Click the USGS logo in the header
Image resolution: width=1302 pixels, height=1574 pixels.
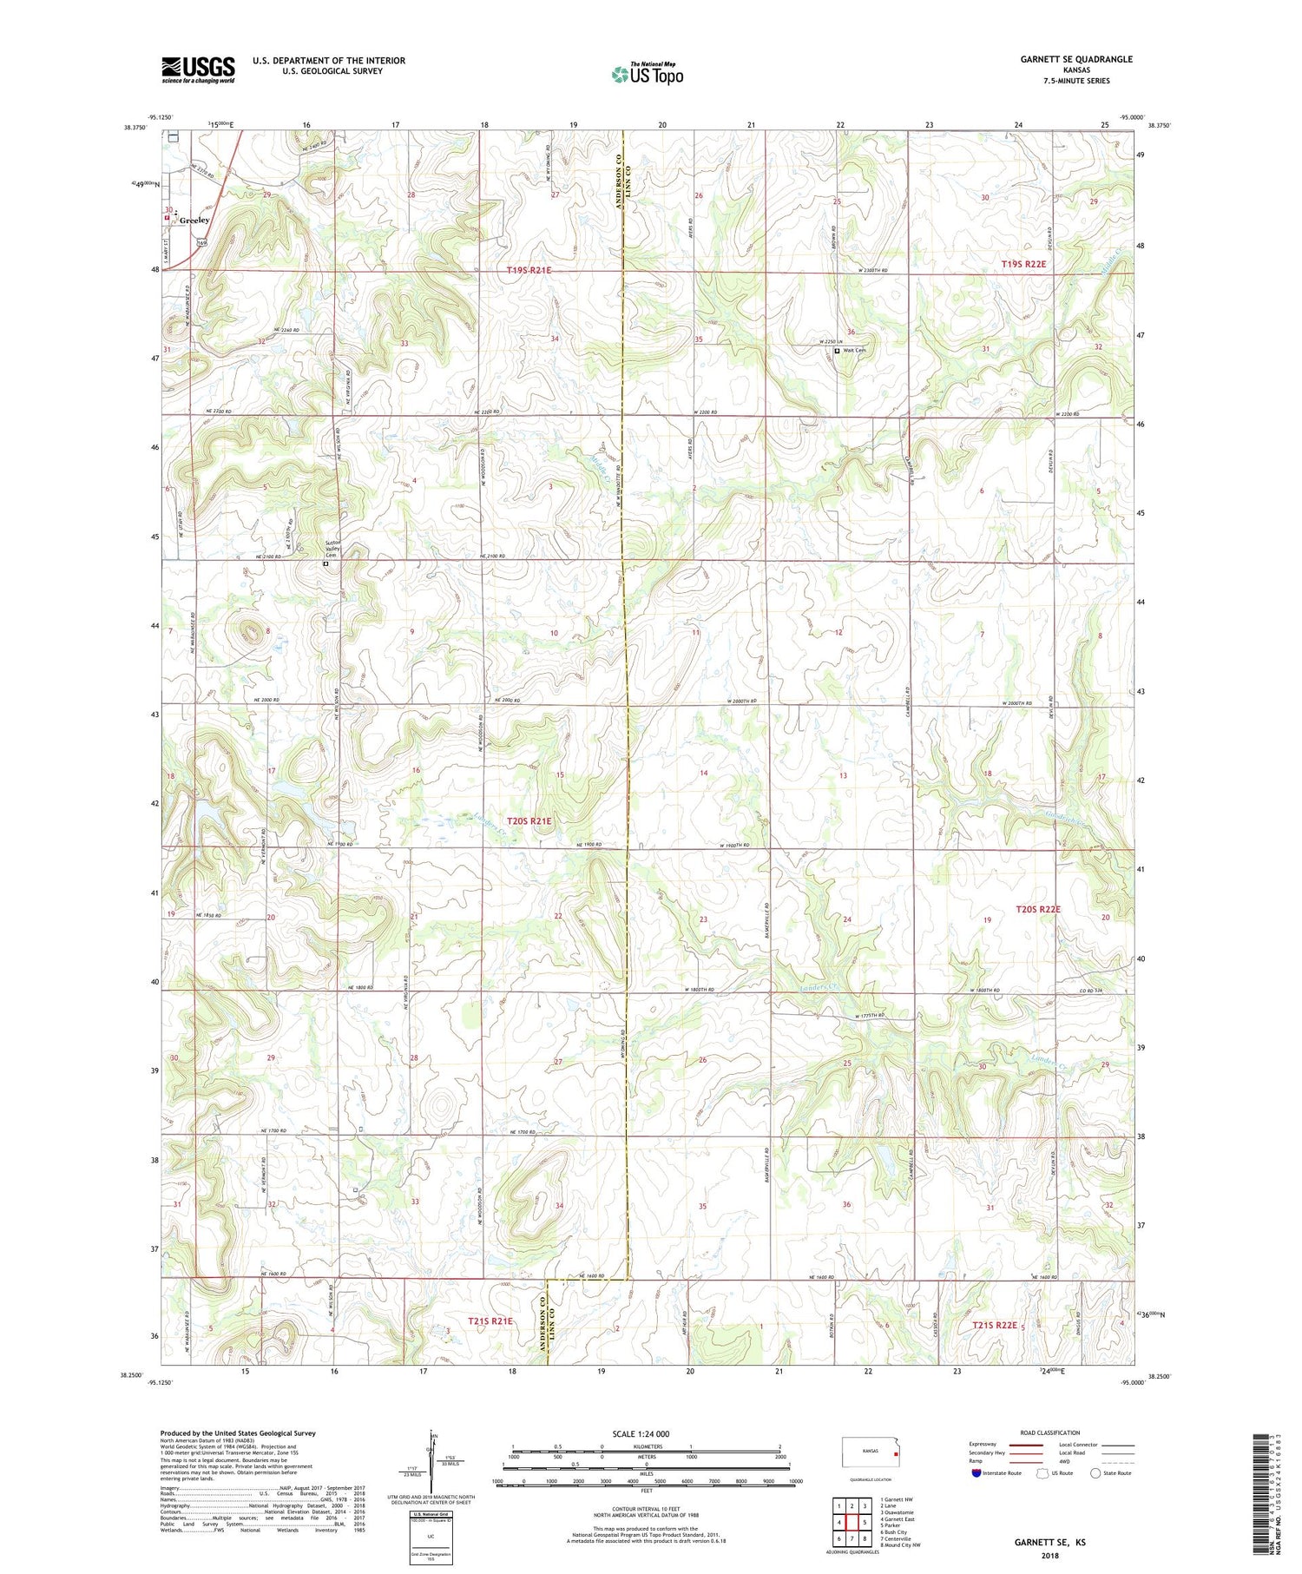pyautogui.click(x=198, y=69)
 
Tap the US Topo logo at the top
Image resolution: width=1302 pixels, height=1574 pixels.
pyautogui.click(x=647, y=75)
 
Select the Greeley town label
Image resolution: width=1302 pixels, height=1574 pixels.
pyautogui.click(x=194, y=221)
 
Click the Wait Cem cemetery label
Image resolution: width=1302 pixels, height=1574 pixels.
pyautogui.click(x=854, y=351)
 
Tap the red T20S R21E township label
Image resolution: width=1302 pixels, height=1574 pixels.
pyautogui.click(x=529, y=820)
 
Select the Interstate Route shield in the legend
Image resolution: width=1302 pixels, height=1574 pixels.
pyautogui.click(x=976, y=1472)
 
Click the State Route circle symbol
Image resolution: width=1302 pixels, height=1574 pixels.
pyautogui.click(x=1096, y=1472)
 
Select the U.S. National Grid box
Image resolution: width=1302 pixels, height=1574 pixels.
pyautogui.click(x=431, y=1538)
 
